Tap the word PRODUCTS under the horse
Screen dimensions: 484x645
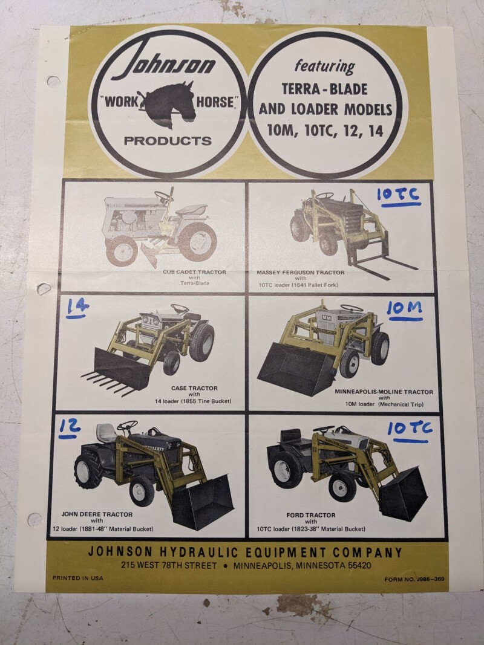click(x=168, y=141)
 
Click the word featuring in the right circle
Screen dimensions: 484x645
click(x=325, y=66)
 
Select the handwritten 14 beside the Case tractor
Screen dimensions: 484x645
click(x=77, y=308)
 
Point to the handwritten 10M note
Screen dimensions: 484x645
click(x=405, y=310)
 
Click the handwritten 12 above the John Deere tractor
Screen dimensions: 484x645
click(x=70, y=428)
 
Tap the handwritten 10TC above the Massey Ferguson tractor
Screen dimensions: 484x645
click(x=399, y=196)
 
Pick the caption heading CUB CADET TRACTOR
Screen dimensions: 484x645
click(x=194, y=272)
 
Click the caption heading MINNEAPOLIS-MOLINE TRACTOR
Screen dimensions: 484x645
click(x=384, y=392)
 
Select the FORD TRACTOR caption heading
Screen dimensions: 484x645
click(x=311, y=515)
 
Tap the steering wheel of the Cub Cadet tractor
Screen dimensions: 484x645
click(x=164, y=196)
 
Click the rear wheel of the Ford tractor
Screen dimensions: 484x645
click(x=283, y=467)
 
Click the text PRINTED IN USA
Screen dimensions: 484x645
click(x=78, y=578)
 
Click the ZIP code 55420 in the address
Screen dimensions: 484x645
click(x=359, y=566)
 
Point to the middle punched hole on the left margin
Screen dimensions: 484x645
click(x=44, y=288)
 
